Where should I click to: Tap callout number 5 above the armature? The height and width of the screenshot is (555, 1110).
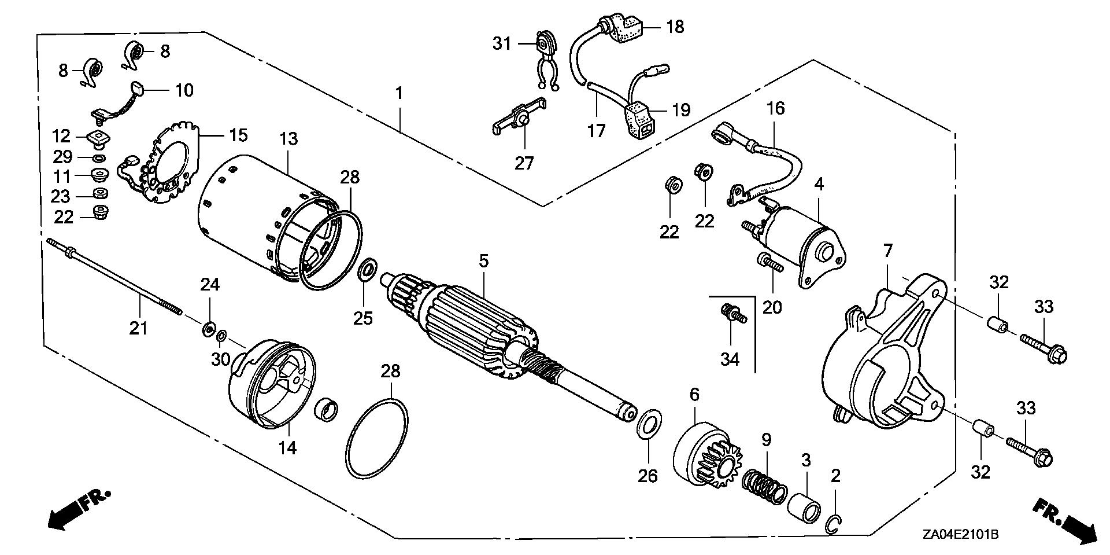(483, 261)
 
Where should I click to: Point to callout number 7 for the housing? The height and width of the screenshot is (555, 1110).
(887, 251)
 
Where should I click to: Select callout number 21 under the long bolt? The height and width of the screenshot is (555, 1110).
(139, 329)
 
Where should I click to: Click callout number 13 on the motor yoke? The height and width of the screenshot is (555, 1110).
(288, 139)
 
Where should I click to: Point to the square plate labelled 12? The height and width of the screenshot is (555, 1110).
(97, 138)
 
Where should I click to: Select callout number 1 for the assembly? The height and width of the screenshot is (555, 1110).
(399, 93)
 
